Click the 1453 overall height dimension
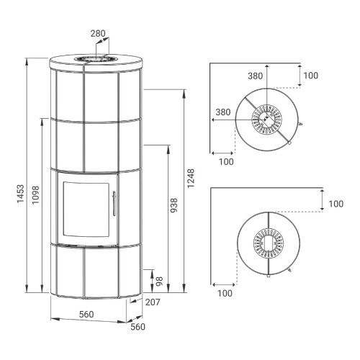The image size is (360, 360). click(21, 194)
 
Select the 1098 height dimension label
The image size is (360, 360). click(35, 195)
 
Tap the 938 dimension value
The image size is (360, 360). click(174, 205)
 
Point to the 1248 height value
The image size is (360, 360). click(191, 179)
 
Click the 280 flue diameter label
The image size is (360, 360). click(98, 33)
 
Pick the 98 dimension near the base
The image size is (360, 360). click(159, 282)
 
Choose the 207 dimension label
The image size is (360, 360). click(153, 302)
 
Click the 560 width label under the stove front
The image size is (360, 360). click(86, 314)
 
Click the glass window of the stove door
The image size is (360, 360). click(86, 210)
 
